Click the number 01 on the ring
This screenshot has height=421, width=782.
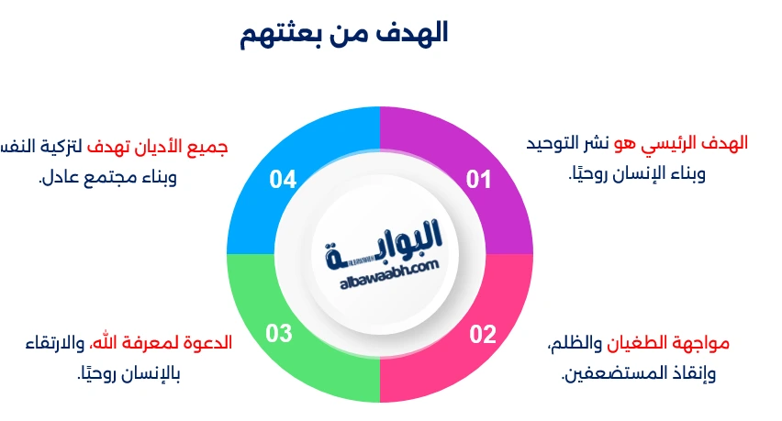(x=479, y=180)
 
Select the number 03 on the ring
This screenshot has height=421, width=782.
(x=279, y=334)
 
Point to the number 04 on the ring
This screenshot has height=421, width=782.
(x=283, y=180)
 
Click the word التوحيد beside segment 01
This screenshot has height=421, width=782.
(x=559, y=143)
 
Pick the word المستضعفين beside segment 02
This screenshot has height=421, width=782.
(x=607, y=374)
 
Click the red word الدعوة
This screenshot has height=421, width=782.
(x=210, y=344)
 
